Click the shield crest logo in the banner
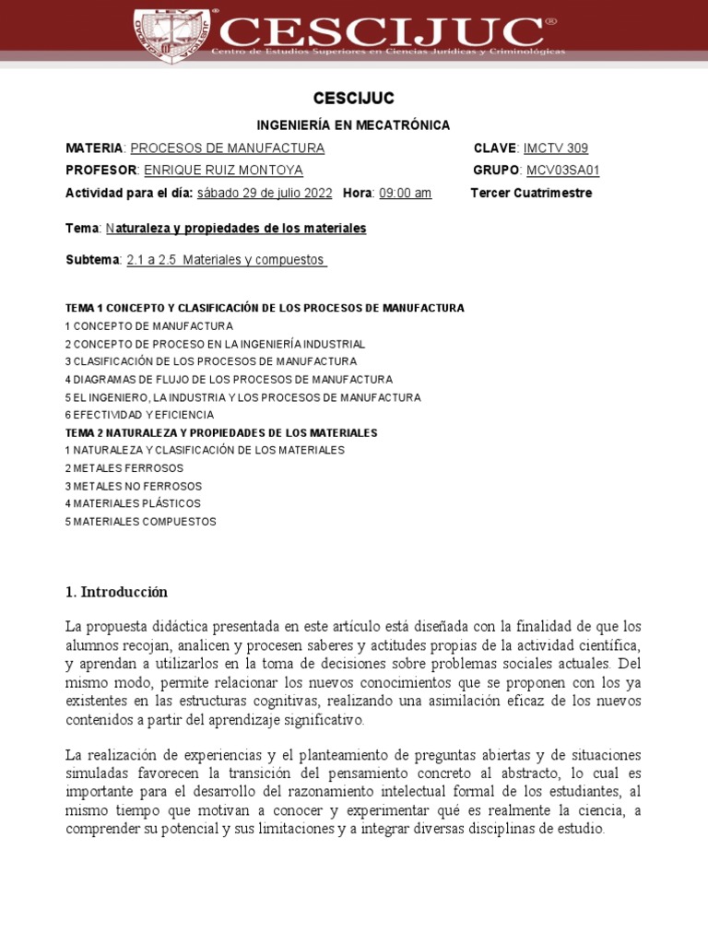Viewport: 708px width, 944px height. (171, 33)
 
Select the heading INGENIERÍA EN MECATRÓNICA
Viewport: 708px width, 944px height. (353, 125)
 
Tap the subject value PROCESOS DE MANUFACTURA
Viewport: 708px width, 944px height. (227, 148)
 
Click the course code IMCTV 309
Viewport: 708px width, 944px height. (555, 148)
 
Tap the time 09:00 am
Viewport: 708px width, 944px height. (405, 193)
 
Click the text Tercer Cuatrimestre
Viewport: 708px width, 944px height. (531, 193)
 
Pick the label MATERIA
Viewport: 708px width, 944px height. (94, 148)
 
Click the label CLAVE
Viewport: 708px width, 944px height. (496, 148)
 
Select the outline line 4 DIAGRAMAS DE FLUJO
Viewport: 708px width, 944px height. (229, 380)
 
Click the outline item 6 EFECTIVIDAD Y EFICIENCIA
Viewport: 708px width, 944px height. (139, 415)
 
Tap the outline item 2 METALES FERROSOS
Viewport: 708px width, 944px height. (124, 468)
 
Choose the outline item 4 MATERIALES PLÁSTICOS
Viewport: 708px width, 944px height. (133, 503)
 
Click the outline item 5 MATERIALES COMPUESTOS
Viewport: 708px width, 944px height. (140, 522)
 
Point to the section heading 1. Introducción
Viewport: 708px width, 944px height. (116, 592)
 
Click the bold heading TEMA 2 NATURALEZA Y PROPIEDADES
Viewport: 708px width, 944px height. (221, 432)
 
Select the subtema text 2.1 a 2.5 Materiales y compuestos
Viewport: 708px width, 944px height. (227, 260)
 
